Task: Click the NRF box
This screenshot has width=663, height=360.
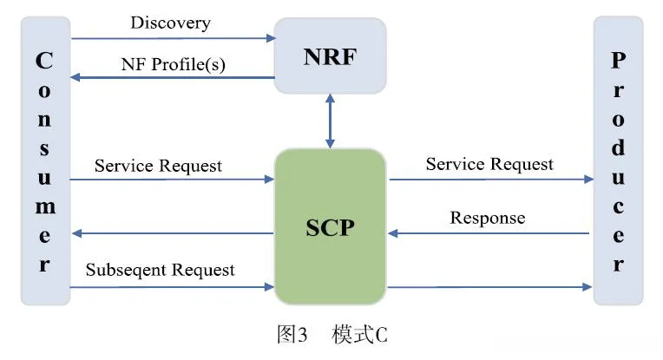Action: click(330, 57)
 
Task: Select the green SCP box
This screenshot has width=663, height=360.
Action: click(330, 226)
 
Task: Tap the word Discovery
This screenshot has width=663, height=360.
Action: click(170, 23)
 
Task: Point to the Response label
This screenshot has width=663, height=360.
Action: click(487, 218)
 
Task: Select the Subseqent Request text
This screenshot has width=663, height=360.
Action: click(160, 270)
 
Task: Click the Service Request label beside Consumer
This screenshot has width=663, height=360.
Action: click(158, 166)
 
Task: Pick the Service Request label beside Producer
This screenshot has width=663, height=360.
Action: click(489, 164)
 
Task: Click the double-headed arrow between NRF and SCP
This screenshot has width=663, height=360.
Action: click(330, 121)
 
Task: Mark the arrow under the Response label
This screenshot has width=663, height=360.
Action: click(490, 232)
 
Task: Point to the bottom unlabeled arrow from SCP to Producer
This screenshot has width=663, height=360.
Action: click(490, 285)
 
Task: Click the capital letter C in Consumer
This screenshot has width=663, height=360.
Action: click(44, 62)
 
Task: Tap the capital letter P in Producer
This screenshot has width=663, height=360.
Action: click(618, 61)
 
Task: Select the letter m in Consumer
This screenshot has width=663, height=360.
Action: click(44, 207)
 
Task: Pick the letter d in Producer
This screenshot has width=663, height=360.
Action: click(618, 148)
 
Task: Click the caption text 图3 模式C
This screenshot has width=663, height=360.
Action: click(331, 336)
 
